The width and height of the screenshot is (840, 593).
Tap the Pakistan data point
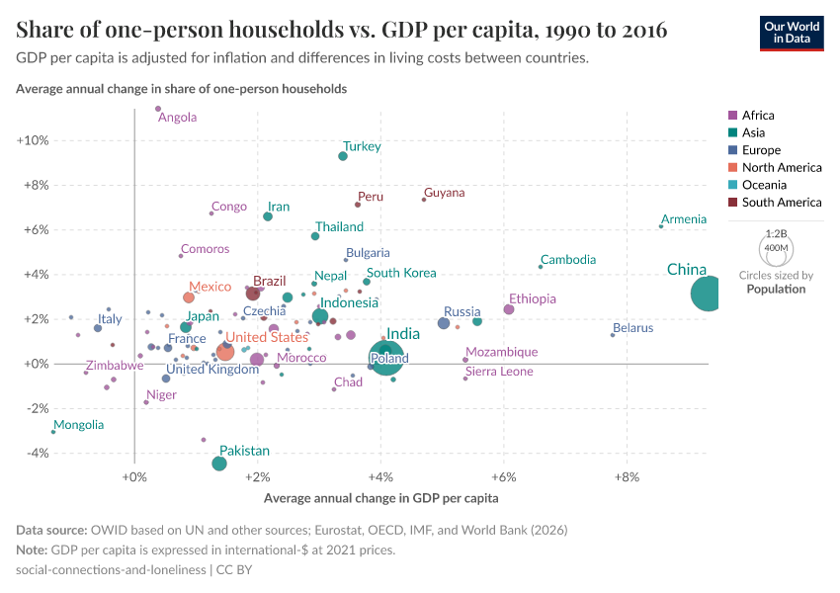[x=219, y=464]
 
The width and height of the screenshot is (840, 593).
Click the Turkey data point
[x=343, y=156]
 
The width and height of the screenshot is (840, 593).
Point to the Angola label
[x=178, y=118]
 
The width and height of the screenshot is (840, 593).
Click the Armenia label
[x=684, y=219]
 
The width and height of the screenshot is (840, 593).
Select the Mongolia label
[x=79, y=425]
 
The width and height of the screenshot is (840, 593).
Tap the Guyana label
[x=444, y=193]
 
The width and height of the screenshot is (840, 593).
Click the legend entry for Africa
[x=758, y=116]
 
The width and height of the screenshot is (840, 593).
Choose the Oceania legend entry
[x=765, y=185]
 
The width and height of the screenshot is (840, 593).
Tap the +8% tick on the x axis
[x=628, y=478]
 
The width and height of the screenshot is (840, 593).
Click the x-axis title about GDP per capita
[x=380, y=498]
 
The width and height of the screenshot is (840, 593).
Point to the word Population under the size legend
[x=776, y=290]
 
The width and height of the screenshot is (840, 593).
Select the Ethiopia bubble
[x=509, y=309]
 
